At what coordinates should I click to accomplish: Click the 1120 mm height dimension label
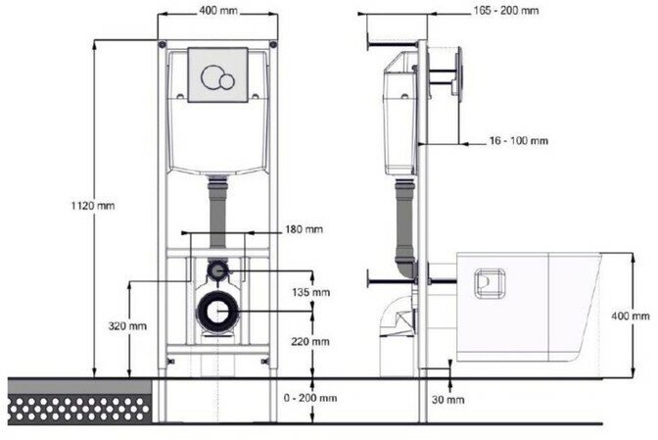coord(92,206)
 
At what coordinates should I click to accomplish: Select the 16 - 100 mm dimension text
coord(519,141)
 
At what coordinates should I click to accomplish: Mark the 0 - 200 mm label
coord(308,398)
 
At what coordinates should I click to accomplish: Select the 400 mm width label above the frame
coord(217,11)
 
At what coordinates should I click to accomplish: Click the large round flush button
coord(211,76)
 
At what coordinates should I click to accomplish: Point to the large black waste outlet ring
coord(218,311)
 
